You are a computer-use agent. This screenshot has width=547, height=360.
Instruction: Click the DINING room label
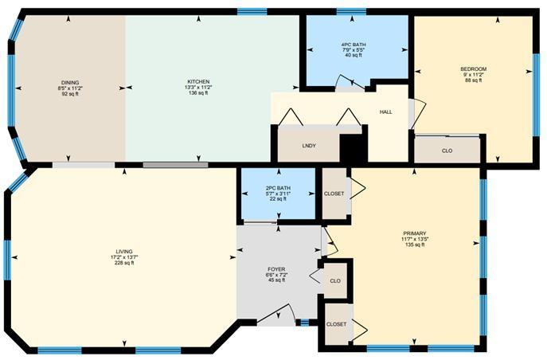[70, 83]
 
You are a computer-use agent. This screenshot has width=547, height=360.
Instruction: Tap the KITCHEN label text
[198, 81]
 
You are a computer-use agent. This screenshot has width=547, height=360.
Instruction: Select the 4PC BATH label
[354, 45]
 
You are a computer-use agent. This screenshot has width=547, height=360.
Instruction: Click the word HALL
[386, 112]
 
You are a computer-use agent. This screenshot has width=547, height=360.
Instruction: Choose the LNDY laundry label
[309, 146]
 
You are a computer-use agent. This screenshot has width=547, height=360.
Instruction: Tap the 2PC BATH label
[278, 188]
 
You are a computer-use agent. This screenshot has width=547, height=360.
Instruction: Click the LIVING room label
[124, 252]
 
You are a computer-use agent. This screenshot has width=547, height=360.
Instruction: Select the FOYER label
[276, 269]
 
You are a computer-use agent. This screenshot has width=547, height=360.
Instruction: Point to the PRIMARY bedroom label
[415, 233]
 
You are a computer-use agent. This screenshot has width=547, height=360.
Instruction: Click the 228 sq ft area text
[124, 263]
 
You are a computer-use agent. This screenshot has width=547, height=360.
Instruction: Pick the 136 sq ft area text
[198, 93]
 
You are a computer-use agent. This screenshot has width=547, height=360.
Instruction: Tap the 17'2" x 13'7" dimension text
[124, 257]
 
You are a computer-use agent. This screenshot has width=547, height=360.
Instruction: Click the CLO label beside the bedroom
[447, 151]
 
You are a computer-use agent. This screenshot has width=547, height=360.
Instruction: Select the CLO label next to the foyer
[335, 281]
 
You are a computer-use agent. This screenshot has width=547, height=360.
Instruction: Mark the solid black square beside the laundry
[353, 148]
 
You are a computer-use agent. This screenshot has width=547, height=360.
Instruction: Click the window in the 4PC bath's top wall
[351, 12]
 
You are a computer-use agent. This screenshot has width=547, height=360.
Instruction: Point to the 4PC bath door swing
[346, 81]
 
